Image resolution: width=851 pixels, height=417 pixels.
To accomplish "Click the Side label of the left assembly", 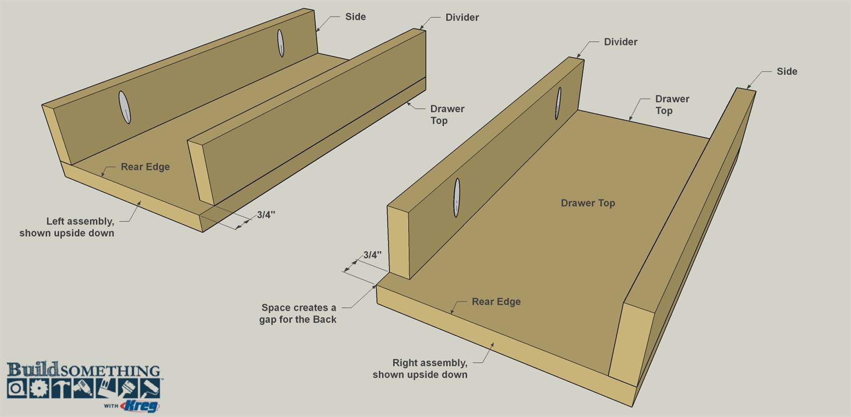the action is coord(355,17).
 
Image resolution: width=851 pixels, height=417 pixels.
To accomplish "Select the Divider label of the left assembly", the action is coord(462,18).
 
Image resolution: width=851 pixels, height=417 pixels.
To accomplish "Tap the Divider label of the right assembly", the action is coord(620,42).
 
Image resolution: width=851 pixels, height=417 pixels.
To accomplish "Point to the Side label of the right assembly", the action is coord(787,71).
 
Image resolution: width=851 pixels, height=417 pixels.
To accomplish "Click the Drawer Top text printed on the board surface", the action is coord(587,203).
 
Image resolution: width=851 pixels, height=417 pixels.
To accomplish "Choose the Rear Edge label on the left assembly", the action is coord(145,167).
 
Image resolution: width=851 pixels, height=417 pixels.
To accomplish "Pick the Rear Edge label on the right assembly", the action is coord(496,302).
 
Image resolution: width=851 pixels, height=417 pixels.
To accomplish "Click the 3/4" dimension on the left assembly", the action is coord(266,215).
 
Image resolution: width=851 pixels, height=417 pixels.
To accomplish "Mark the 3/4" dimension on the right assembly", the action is coord(372,255).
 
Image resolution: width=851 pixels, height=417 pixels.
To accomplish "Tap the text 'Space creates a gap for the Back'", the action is coord(298,313).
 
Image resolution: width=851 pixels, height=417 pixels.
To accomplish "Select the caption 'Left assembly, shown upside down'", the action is coord(67,227).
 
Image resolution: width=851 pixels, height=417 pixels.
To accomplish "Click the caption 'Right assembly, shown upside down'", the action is coord(420,369).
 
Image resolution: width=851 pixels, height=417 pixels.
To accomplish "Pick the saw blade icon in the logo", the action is coord(40,388).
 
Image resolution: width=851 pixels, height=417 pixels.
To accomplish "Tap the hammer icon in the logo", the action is coord(62,388).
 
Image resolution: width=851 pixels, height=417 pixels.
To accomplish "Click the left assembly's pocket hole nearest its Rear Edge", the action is coord(124,107).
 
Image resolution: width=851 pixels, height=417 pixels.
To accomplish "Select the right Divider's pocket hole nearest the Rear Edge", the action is coord(457,198).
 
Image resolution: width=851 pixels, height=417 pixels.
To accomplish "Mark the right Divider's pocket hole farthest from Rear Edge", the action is coord(558,103).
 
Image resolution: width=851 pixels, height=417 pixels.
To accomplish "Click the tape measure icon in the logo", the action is coord(17,388).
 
